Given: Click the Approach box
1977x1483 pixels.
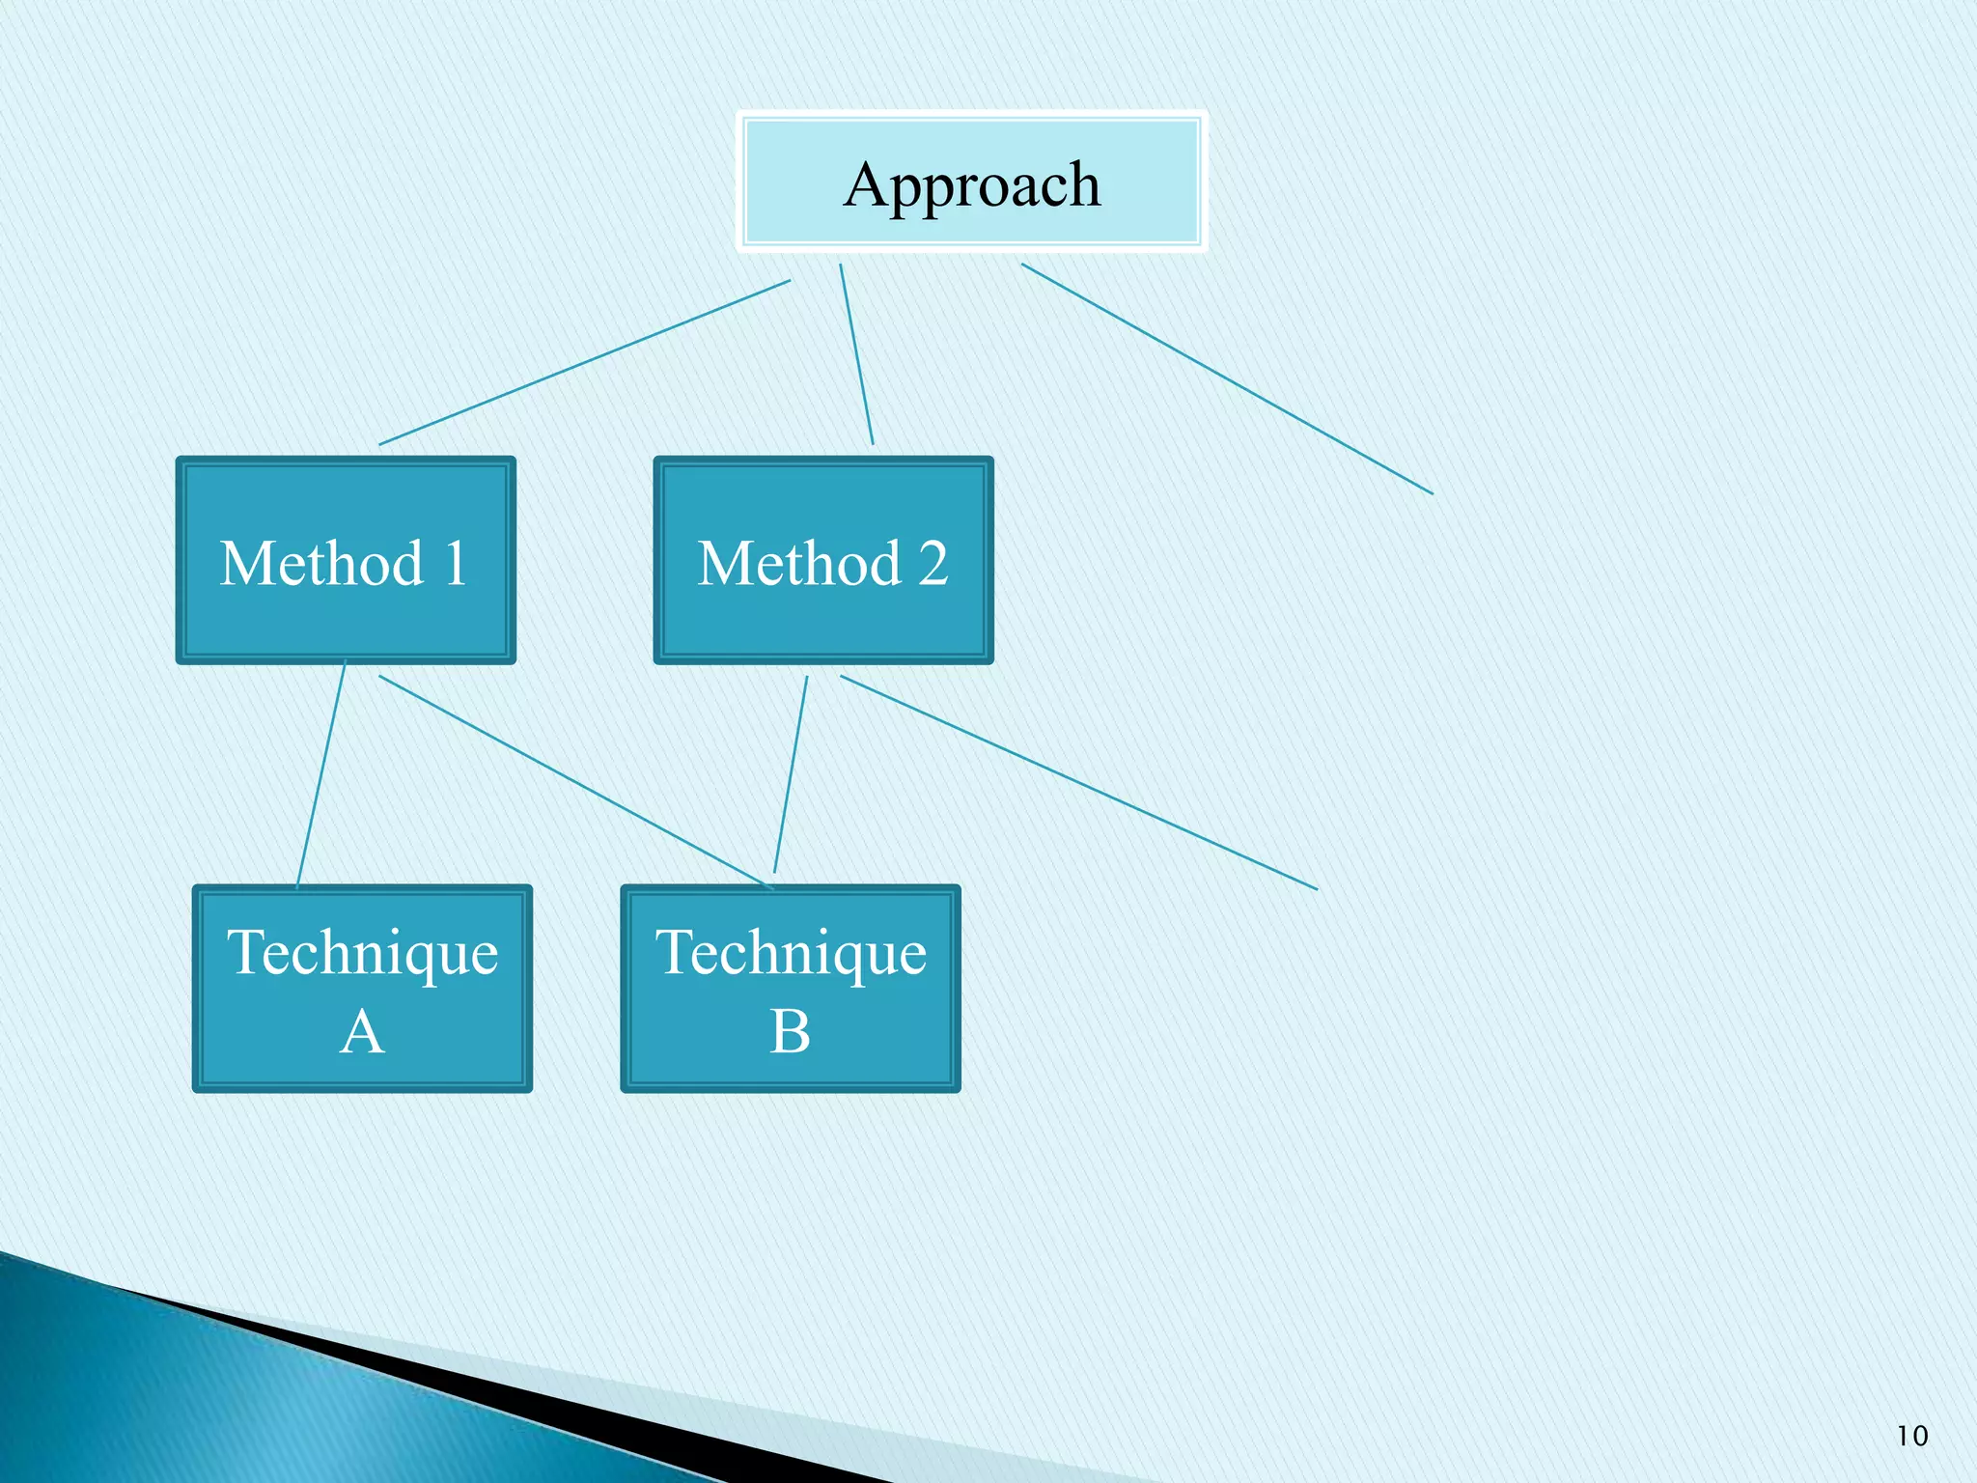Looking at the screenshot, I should coord(971,182).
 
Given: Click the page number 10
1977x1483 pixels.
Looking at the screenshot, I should coord(1911,1436).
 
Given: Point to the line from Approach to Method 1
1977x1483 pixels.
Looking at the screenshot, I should coord(584,363).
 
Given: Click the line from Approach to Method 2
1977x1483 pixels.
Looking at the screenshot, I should coord(856,354).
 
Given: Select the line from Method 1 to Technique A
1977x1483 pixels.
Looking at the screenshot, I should coord(321,772).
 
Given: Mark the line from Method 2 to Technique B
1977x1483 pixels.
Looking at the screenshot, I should coord(791,774).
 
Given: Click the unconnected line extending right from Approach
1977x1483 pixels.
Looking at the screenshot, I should coord(1226,378).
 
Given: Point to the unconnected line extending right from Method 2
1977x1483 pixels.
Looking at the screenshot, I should coord(1078,782).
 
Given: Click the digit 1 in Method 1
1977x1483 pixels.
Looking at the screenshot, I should coord(454,563).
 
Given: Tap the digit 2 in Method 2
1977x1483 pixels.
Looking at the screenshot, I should coord(933,563).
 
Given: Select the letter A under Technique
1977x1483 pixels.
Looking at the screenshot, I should coord(362,1031).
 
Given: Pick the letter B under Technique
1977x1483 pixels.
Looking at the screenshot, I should coord(790,1031).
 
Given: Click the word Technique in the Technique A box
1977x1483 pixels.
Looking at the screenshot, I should coord(362,954).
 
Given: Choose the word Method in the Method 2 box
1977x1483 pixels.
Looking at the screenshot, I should coord(799,563).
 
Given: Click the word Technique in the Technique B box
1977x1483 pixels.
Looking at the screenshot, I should coord(791,954).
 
